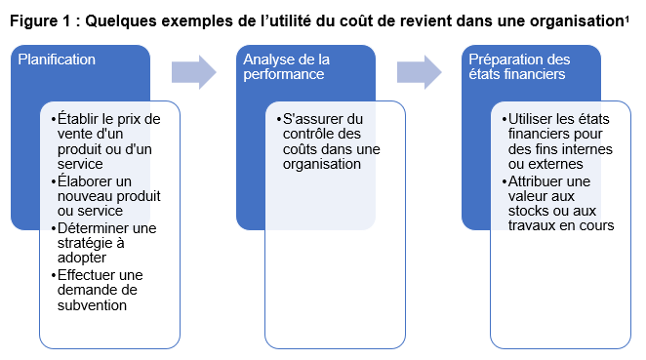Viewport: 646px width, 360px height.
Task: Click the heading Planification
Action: click(57, 60)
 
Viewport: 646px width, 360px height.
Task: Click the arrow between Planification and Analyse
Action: click(193, 72)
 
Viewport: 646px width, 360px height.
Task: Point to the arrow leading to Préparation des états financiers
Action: click(419, 72)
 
